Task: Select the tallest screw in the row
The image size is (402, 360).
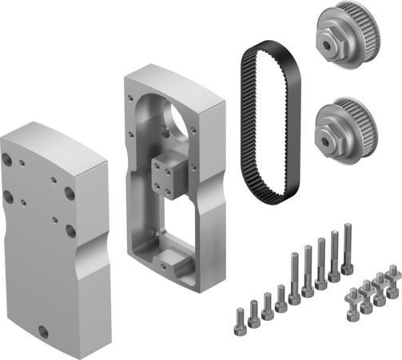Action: click(x=348, y=248)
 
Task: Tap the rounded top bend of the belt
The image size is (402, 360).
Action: click(x=264, y=50)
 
